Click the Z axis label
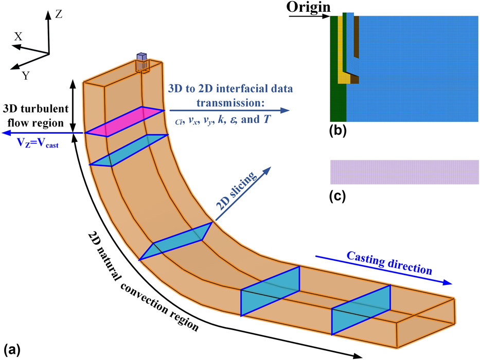[x=59, y=15]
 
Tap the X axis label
[x=18, y=37]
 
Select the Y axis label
[x=25, y=75]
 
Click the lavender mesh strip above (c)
[x=404, y=172]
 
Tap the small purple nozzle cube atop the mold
[x=141, y=57]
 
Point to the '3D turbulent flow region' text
[x=33, y=116]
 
